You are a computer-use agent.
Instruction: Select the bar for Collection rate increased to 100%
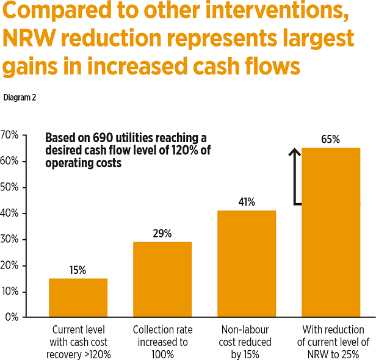point(162,279)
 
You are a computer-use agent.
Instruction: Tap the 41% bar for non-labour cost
point(247,264)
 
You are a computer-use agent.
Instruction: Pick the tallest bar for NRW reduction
point(331,232)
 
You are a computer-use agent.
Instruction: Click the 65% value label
point(330,139)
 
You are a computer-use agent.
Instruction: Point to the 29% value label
point(162,234)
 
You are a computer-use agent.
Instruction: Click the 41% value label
point(247,202)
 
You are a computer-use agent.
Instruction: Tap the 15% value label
point(78,270)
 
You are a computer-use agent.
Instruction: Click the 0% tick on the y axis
point(12,317)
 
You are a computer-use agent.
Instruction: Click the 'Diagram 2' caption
point(20,97)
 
